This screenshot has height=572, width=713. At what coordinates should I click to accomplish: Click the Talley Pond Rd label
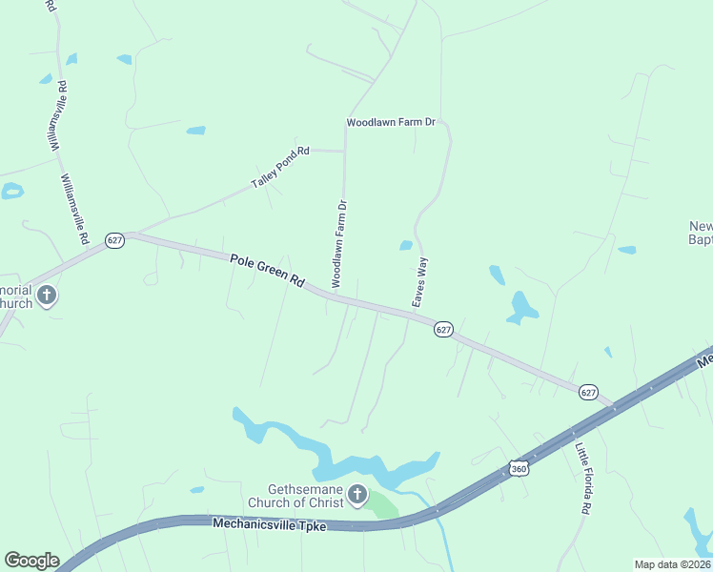280,167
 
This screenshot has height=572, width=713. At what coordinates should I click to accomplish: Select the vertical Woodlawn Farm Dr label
338,243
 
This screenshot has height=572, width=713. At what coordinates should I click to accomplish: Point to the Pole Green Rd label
267,271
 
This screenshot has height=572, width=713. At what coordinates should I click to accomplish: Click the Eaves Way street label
418,281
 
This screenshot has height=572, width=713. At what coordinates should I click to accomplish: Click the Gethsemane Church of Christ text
298,495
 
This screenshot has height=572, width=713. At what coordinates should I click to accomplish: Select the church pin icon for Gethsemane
356,495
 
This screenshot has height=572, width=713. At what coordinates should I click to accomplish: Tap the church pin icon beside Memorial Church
48,296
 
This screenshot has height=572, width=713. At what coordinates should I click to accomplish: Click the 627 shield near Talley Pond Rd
114,240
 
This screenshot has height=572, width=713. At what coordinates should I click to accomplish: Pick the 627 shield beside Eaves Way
443,329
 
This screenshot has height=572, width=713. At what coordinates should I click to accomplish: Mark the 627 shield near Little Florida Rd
588,392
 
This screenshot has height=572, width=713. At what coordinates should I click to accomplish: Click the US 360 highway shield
519,468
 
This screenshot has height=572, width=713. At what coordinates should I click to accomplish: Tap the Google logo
31,561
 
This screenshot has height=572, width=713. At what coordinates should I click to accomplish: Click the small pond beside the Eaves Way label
406,245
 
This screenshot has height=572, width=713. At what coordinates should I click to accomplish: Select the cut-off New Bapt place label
701,234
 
